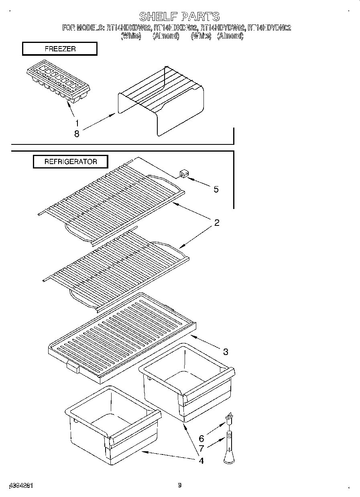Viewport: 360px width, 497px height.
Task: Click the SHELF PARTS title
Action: [179, 16]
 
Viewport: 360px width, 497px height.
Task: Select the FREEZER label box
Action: [60, 49]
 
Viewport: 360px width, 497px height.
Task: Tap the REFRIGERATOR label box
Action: [70, 162]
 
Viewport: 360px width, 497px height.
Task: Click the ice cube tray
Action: [58, 83]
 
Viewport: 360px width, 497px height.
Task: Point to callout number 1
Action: [77, 123]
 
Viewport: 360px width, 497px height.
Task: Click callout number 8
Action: [77, 134]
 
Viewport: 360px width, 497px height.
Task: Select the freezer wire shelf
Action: [161, 100]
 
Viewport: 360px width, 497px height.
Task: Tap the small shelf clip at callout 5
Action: [184, 173]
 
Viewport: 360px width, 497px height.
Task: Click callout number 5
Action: [216, 189]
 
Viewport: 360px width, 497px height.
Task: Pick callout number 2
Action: [216, 223]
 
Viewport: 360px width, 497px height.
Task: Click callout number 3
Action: [226, 352]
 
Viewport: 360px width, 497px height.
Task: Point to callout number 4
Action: [201, 460]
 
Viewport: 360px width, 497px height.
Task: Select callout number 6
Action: [201, 439]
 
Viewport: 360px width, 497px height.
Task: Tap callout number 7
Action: [201, 449]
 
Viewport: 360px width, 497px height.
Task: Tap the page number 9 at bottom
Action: [179, 485]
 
